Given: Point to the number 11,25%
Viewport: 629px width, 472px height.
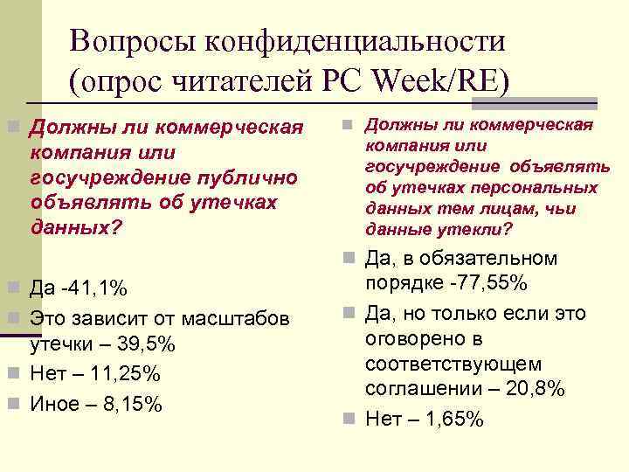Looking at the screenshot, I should click(x=126, y=374).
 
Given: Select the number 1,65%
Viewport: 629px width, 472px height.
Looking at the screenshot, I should click(x=452, y=419).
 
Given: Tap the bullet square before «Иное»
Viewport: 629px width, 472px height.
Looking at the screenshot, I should click(x=13, y=403).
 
